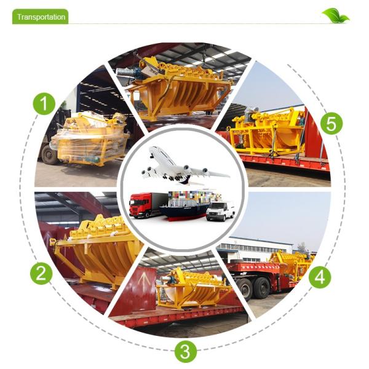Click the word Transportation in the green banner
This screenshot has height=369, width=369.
point(41,17)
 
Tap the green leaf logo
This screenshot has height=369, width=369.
point(335,15)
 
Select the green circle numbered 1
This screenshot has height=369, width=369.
point(44,103)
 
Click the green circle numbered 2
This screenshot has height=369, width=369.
point(41,274)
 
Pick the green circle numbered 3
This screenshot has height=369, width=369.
point(186,351)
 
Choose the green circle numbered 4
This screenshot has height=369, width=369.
point(320,277)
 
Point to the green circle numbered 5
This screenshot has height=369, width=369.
point(331,124)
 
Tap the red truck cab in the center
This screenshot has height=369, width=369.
point(140,205)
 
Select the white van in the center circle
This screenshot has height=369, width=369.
point(221,211)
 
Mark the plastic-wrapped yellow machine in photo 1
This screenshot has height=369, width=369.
point(90,139)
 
